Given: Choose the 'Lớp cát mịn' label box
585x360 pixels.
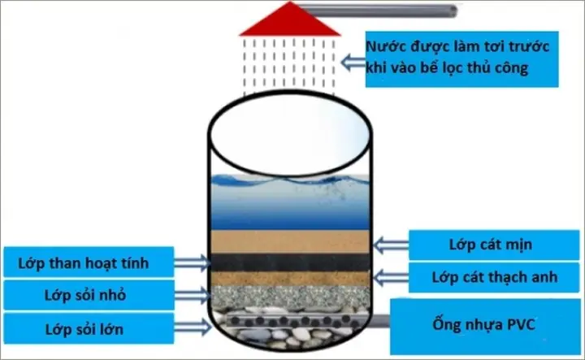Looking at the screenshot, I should (483, 244).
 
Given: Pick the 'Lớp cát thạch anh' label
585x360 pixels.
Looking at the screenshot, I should (483, 277).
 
